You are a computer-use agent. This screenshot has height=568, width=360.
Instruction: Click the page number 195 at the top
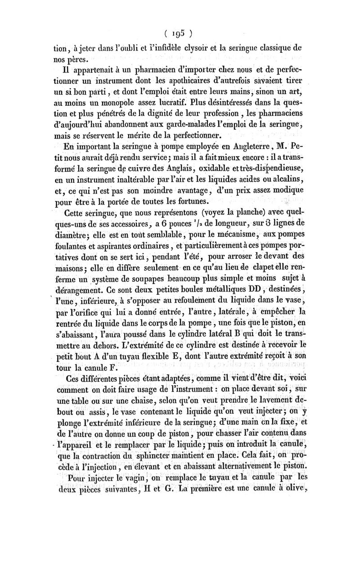[x=179, y=33]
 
